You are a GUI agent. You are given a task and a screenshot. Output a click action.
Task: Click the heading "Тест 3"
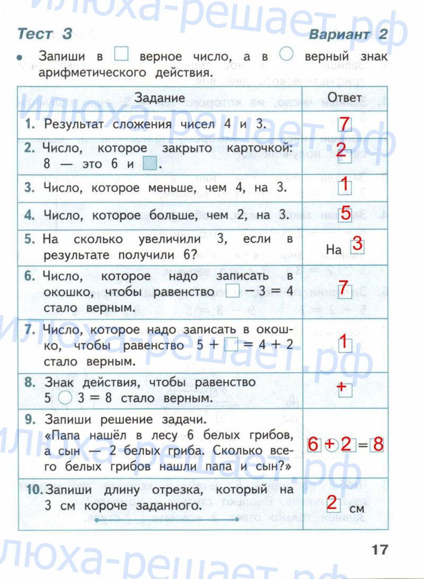point(45,34)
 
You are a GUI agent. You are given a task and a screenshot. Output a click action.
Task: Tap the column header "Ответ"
point(344,98)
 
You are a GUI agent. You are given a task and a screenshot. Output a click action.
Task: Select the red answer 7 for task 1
point(344,124)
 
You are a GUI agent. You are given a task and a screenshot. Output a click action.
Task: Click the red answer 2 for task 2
point(342,150)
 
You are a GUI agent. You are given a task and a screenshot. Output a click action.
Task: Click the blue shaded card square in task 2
point(151,164)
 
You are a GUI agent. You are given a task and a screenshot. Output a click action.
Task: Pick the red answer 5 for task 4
point(345,214)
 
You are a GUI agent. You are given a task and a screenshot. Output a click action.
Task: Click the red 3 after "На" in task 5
point(357,245)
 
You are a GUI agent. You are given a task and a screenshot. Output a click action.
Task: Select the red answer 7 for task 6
point(343,287)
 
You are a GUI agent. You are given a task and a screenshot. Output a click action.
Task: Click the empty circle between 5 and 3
point(65,397)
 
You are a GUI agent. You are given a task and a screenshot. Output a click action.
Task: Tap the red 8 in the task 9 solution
point(377,444)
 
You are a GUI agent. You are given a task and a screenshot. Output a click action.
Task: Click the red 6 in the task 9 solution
point(313,444)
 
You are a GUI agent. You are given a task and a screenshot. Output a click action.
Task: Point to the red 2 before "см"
point(332,502)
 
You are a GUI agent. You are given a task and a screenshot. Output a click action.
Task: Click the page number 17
point(379,549)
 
